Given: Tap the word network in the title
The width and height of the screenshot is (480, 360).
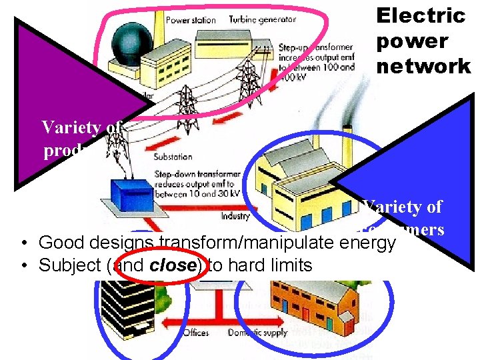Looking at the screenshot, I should [423, 66].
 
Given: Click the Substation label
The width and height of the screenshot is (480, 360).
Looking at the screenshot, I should [173, 157].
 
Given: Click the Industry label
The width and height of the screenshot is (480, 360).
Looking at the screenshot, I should [235, 216].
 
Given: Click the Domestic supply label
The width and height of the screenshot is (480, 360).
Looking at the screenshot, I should [257, 332].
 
